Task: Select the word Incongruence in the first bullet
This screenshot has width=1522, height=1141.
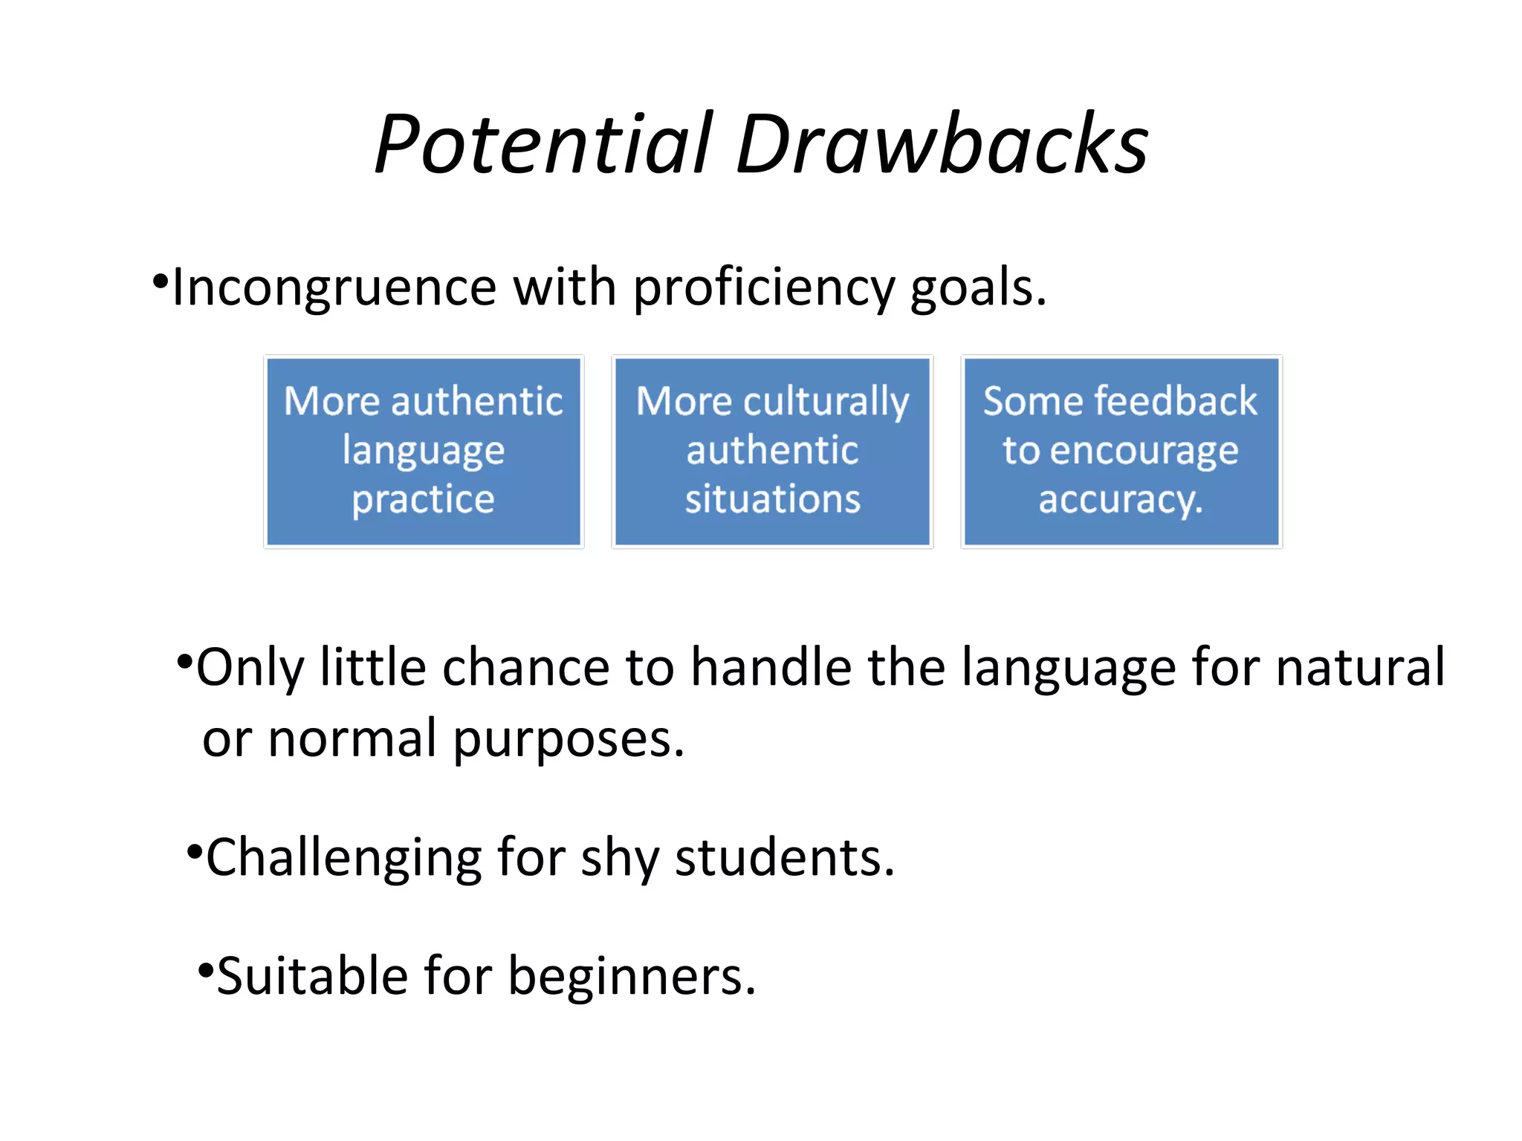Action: point(334,287)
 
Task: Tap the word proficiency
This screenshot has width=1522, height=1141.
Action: point(763,287)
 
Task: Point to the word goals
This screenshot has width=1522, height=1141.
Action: point(976,287)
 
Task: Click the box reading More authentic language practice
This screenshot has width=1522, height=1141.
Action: point(424,452)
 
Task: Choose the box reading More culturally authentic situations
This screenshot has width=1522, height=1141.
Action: point(772,452)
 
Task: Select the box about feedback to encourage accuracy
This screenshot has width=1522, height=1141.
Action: point(1121,452)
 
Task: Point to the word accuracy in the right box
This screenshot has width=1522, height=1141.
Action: point(1120,499)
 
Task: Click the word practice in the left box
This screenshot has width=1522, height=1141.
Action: point(424,499)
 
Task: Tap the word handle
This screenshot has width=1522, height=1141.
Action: point(771,667)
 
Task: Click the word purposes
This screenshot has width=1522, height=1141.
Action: point(568,739)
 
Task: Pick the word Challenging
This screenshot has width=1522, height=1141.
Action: point(343,858)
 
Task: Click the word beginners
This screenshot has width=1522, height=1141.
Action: point(631,976)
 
